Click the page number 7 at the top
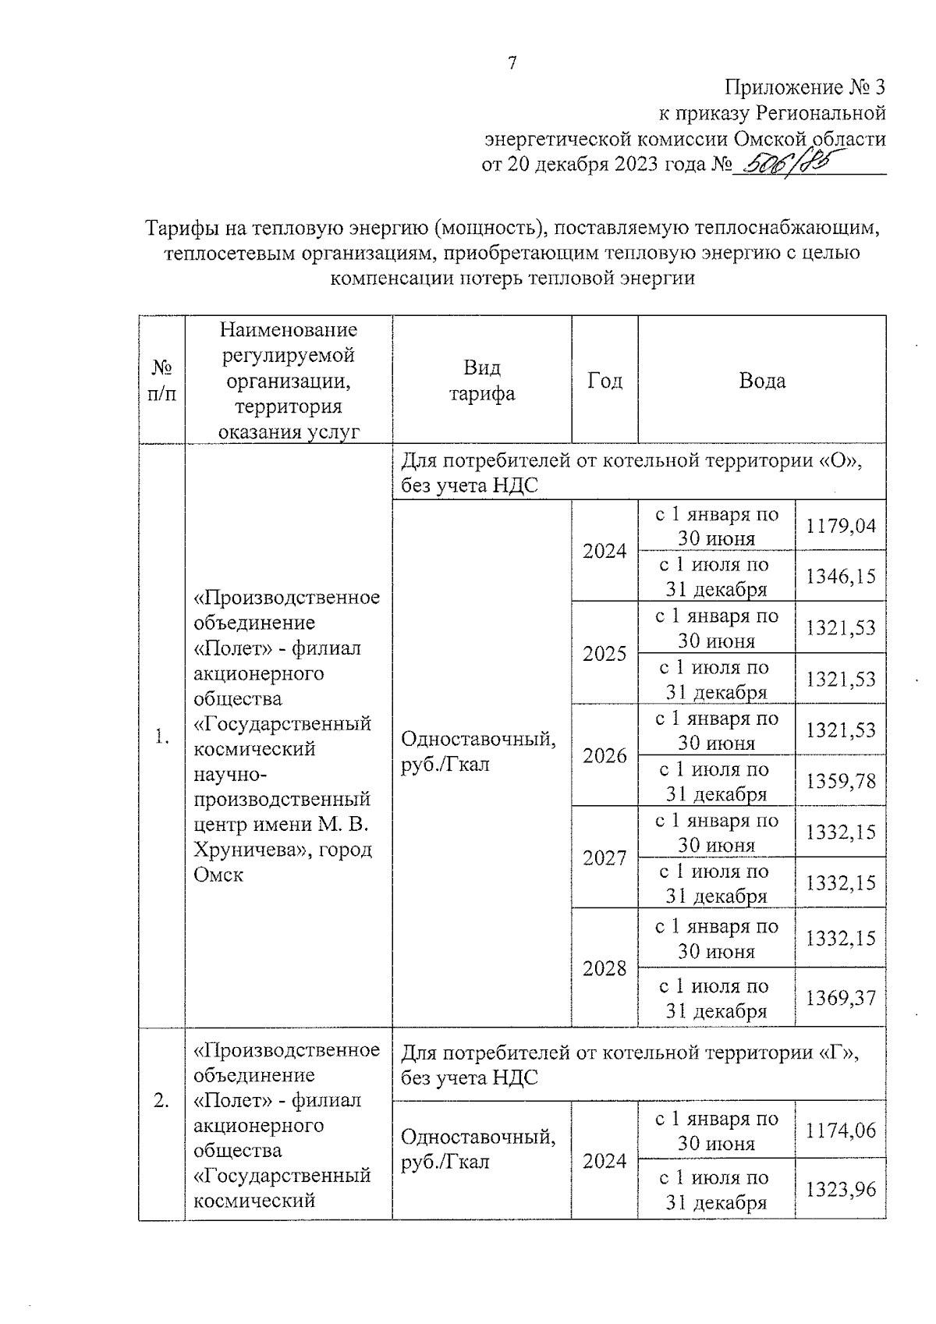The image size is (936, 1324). (512, 64)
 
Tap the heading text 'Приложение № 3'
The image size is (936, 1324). (805, 87)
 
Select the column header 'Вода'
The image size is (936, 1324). (762, 381)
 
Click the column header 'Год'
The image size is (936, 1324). (604, 381)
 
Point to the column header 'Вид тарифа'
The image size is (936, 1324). (481, 381)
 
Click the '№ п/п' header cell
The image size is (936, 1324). (161, 381)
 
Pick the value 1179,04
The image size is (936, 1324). (841, 526)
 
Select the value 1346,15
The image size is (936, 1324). (841, 577)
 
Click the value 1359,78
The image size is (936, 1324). (841, 781)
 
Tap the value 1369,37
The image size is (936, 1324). (841, 998)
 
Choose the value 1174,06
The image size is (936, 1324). (841, 1131)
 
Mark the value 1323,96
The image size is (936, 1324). (841, 1190)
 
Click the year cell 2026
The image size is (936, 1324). (604, 755)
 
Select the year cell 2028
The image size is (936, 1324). (604, 968)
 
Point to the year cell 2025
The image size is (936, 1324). (604, 653)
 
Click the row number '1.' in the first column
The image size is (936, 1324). (161, 737)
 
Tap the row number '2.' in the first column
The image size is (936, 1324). (161, 1101)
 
